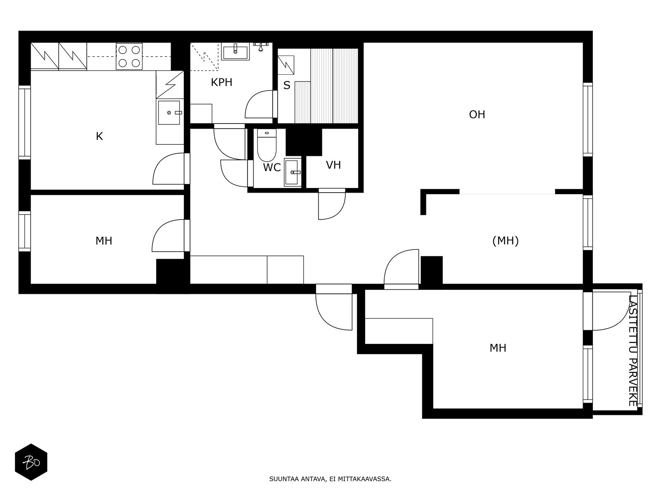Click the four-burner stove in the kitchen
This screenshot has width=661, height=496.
128,56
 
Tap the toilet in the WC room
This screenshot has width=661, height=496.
266,147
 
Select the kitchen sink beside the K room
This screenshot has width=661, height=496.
169,112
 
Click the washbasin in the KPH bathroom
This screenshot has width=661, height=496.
235,52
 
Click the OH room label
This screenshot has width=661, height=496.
477,114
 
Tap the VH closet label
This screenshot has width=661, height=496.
333,165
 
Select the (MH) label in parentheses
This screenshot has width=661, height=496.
505,241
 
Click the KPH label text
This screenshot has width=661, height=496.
221,82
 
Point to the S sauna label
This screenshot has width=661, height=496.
286,86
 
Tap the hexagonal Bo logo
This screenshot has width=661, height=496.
31,462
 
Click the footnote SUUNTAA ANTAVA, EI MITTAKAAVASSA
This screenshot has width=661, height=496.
330,479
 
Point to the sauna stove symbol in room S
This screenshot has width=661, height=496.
286,64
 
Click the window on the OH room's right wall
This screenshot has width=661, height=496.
587,119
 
